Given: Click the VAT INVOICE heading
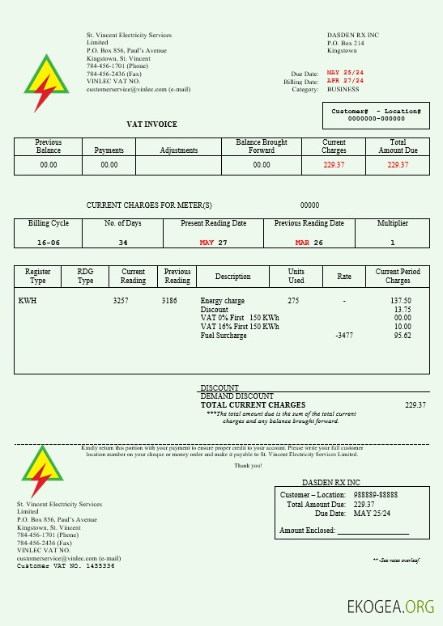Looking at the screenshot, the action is pos(151,124).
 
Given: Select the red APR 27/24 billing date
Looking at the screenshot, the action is pos(345,81).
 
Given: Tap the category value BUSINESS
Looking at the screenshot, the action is pos(343,90).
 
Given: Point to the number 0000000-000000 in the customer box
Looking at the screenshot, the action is pos(376,118).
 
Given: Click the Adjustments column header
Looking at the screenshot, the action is pos(179,150).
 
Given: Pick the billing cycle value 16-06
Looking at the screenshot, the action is pos(49,243).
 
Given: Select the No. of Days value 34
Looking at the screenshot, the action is pos(123,243).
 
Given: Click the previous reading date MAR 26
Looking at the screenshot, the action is pos(309,243).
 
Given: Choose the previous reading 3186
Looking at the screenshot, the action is pos(169,301).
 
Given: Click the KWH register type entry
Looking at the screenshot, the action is pos(28,301).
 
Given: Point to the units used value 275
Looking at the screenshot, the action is pos(293,301).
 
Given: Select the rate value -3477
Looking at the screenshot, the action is pos(344,336).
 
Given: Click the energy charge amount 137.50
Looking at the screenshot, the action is pos(401,301).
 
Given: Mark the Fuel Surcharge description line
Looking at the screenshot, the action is pos(224,336).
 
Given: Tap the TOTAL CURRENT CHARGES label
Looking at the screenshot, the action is pos(253,404).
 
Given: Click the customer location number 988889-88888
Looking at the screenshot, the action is pos(376,494).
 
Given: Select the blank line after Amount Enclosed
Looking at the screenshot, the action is pos(373,531).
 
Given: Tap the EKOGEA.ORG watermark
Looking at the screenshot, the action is pos(390,607).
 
